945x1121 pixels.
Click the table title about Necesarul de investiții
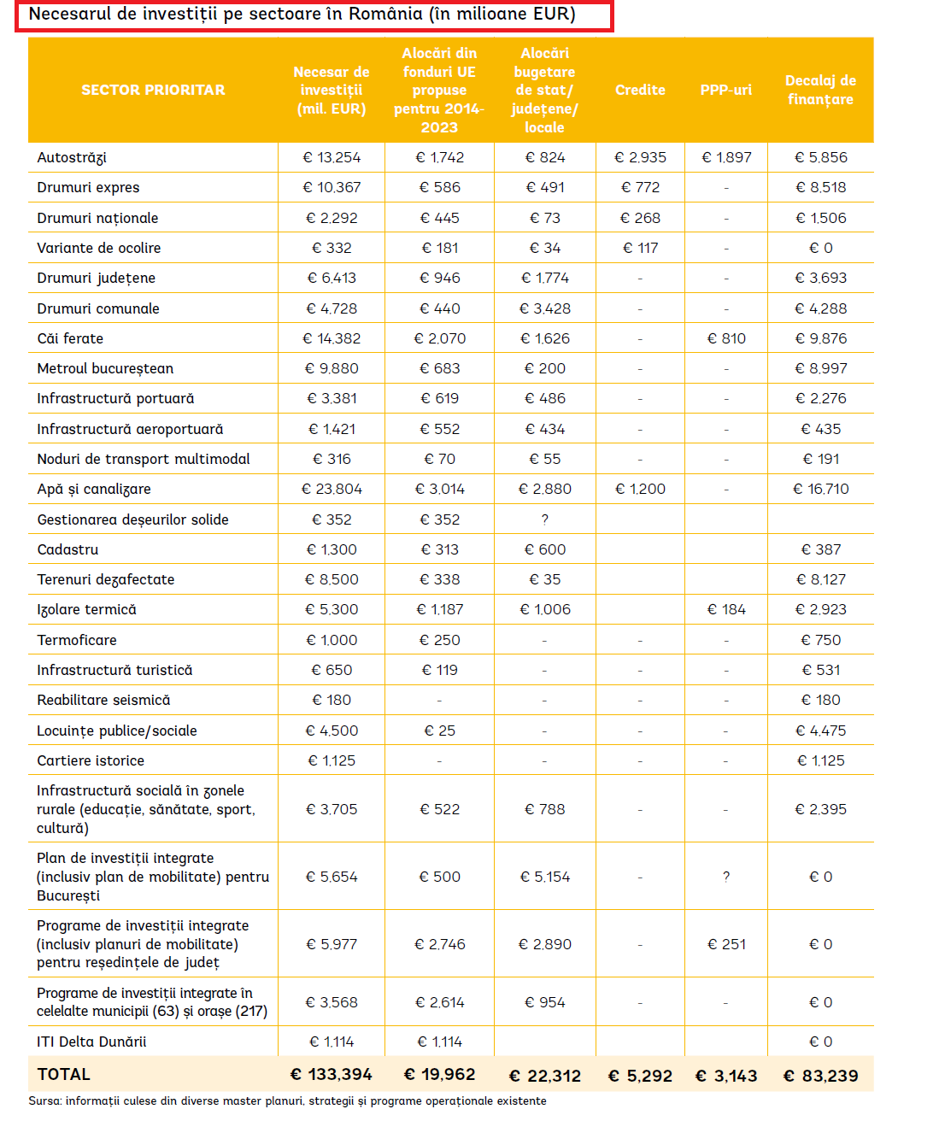pos(302,15)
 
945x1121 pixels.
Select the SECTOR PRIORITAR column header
pos(153,90)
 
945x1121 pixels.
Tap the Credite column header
pos(640,90)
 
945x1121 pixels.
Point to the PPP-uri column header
pos(725,90)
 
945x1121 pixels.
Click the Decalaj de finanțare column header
pos(820,90)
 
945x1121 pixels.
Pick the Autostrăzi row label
pos(72,157)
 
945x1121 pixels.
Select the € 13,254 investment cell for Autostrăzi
pos(332,157)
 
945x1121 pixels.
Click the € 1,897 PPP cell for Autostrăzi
pos(726,157)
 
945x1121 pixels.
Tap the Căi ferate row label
pos(70,338)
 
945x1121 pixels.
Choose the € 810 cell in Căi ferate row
pos(726,338)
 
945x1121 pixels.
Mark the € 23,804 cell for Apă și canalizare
pos(332,489)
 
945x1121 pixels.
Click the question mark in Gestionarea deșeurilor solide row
pos(544,519)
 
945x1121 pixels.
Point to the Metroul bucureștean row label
pos(105,368)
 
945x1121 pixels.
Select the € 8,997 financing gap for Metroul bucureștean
pos(820,368)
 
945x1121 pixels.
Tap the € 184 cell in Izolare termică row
pos(726,609)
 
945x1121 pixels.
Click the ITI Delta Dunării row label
pos(91,1042)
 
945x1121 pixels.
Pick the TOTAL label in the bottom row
pos(64,1074)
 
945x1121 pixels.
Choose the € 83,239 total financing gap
pos(820,1076)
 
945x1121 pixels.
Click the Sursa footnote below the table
pos(287,1100)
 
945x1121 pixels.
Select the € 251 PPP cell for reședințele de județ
pos(726,944)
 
